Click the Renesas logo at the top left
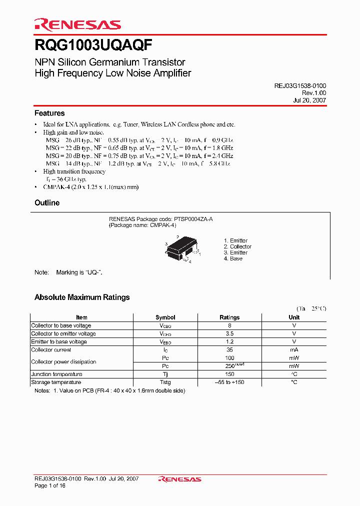(x=77, y=25)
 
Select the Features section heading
(x=49, y=113)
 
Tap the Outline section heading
(x=47, y=203)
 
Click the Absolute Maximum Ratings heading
(x=82, y=297)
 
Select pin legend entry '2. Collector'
(x=237, y=246)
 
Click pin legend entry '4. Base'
(x=233, y=258)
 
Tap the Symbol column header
(x=165, y=317)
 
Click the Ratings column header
(x=229, y=317)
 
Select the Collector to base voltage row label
(x=61, y=325)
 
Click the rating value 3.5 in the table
(x=229, y=333)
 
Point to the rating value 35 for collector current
(x=229, y=350)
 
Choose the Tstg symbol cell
(x=165, y=382)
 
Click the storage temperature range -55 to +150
(x=229, y=382)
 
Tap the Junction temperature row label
(x=56, y=374)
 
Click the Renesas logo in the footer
(x=179, y=479)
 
